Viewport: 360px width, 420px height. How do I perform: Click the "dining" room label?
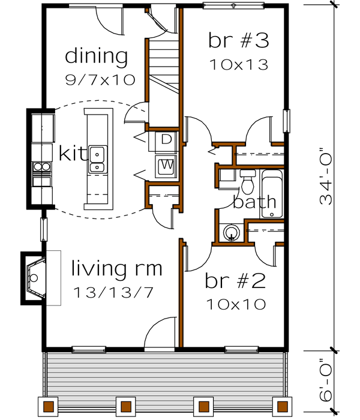coord(97,57)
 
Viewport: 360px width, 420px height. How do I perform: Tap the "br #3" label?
coord(239,40)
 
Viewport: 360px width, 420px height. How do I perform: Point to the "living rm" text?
coord(117,268)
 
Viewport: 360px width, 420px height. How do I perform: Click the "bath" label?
coord(254,202)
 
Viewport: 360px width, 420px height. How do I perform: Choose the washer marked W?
coord(166,167)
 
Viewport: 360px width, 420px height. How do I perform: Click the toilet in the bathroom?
coord(247,181)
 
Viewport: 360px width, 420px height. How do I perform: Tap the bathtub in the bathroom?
coord(272,194)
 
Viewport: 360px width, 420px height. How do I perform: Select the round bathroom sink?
coord(232,232)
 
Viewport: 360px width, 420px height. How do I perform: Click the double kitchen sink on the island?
coord(97,160)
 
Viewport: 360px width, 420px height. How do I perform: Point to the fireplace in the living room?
coord(34,278)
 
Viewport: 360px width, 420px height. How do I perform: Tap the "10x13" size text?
coord(239,65)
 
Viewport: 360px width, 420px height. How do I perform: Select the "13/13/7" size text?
coord(113,293)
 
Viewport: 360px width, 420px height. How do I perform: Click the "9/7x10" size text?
coord(100,80)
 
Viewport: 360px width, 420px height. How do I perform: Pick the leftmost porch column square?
coord(49,406)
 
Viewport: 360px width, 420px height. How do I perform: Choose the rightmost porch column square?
coord(282,406)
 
